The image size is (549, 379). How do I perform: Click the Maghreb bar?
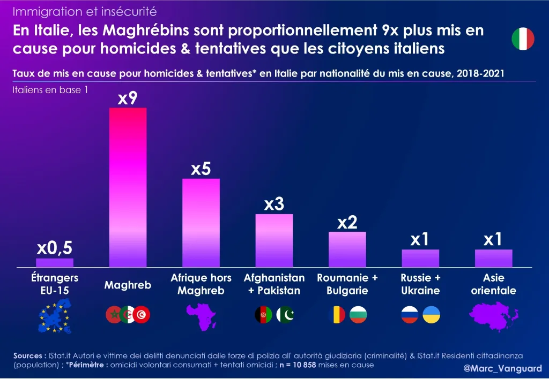click(x=128, y=187)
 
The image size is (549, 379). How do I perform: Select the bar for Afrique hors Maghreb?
click(x=201, y=222)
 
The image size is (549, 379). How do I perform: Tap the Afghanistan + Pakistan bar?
click(x=274, y=240)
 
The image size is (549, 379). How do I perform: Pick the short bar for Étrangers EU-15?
click(x=55, y=262)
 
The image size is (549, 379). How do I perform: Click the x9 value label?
click(x=128, y=97)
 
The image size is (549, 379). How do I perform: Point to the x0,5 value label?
click(x=55, y=248)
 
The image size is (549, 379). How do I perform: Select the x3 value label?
click(x=274, y=204)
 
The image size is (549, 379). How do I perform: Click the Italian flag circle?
click(x=523, y=39)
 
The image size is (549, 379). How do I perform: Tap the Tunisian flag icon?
click(x=143, y=315)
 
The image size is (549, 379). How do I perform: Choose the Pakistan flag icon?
click(x=285, y=315)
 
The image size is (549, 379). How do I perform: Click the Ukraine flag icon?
click(x=431, y=315)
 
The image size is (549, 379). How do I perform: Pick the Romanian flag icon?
click(x=338, y=315)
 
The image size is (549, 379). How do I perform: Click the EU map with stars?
click(x=55, y=316)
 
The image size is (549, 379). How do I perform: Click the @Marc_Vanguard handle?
click(x=502, y=368)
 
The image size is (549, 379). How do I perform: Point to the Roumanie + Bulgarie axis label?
click(x=347, y=284)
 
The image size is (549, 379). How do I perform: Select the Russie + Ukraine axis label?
click(x=420, y=284)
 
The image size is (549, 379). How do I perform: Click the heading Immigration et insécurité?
click(x=85, y=11)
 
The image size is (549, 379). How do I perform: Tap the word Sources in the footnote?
click(x=29, y=355)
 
